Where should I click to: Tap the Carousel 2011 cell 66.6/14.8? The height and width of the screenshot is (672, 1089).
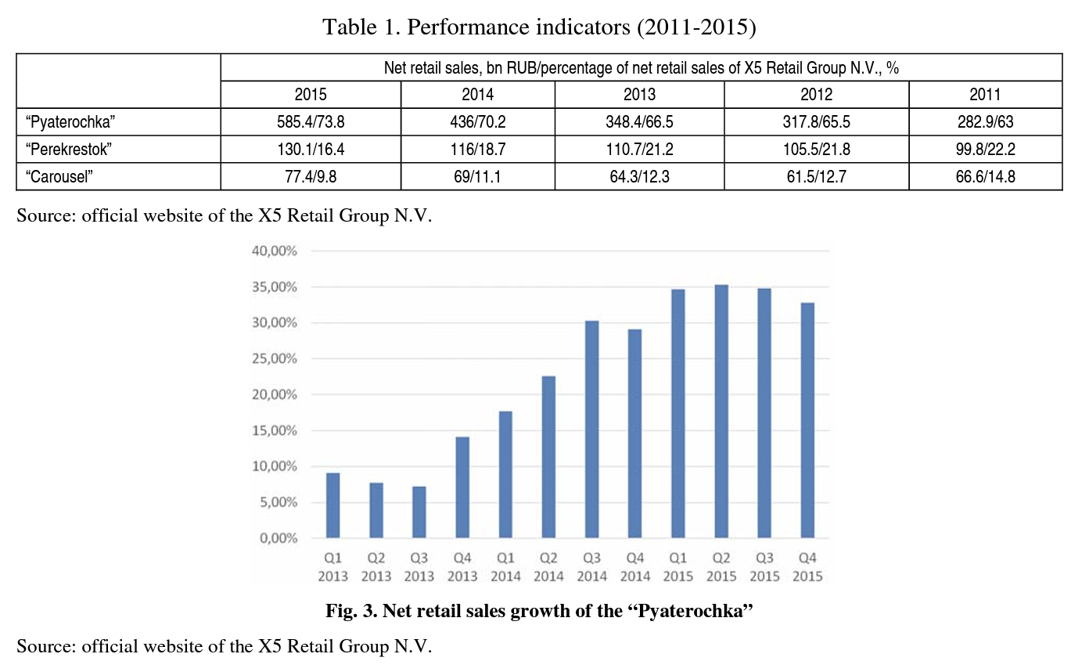click(985, 176)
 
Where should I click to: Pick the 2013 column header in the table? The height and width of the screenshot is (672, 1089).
click(639, 95)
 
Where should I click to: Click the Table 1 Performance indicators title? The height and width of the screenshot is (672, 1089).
click(540, 28)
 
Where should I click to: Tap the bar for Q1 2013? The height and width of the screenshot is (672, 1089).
click(333, 505)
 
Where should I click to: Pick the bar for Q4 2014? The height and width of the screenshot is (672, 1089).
click(635, 434)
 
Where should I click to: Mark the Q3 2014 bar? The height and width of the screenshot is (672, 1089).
click(592, 429)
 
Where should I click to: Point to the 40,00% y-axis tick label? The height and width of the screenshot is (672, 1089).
click(274, 251)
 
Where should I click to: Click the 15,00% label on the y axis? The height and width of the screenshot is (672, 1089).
click(274, 431)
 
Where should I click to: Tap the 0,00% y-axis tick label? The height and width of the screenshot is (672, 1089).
click(278, 539)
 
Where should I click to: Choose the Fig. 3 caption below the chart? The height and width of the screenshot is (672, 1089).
click(539, 612)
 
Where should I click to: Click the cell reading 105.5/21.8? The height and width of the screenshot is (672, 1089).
click(816, 149)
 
